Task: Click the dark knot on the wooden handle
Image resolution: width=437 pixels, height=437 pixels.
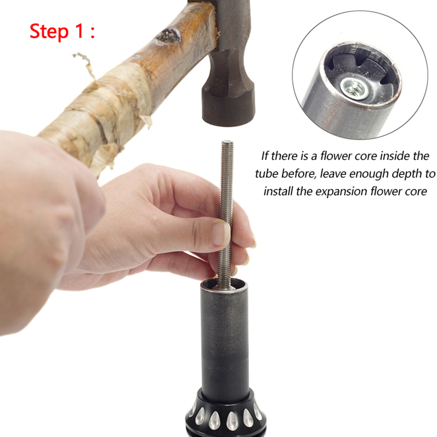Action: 169,36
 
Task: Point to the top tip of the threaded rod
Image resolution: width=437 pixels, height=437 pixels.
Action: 227,141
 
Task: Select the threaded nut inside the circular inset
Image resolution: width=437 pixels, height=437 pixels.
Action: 354,89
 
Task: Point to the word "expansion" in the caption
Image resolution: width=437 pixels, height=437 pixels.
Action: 341,192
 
